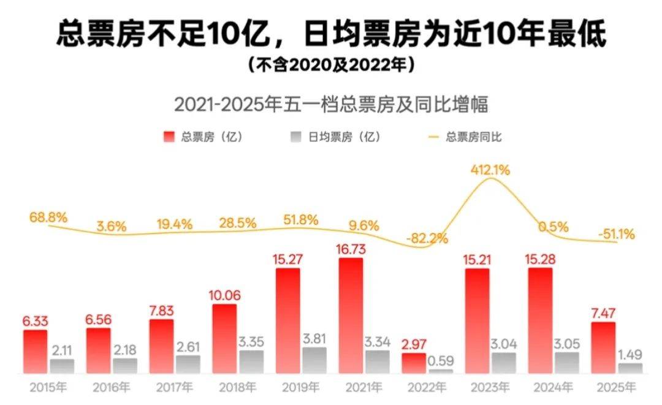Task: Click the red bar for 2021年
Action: coord(351,316)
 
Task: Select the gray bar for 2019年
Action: coord(314,360)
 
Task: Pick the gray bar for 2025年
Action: coord(630,368)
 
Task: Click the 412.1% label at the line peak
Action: coord(490,170)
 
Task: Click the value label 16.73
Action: coord(351,249)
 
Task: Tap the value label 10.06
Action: coord(224,296)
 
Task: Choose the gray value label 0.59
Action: coord(441,360)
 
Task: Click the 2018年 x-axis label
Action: coord(237,387)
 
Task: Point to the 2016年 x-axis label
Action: coord(111,387)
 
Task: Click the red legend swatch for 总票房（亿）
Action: coord(170,137)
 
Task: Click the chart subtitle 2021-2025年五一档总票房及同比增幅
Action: coord(331,104)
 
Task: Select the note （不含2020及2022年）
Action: coord(331,64)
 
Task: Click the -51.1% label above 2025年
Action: coord(616,233)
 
